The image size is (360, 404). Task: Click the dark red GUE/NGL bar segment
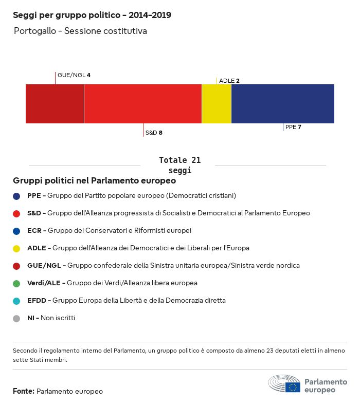point(55,104)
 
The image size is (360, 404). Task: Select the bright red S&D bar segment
point(142,104)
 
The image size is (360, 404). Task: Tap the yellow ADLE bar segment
point(217,104)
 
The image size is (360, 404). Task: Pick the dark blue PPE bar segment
point(283,104)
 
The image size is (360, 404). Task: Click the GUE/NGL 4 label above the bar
point(74,75)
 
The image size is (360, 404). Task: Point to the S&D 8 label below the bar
point(154,133)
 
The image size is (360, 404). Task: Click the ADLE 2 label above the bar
point(229,81)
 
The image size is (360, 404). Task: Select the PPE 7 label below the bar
point(293,127)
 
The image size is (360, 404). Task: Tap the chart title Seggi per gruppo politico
point(92,15)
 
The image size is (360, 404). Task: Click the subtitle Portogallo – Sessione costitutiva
point(80,31)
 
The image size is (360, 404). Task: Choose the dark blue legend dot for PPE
point(17,196)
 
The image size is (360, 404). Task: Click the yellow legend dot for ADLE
point(17,248)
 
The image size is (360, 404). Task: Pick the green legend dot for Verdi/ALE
point(17,283)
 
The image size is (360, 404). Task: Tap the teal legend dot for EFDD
point(17,301)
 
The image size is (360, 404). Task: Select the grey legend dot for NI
point(17,318)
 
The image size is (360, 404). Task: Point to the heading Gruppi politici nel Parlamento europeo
point(95,181)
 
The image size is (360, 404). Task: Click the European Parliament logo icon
point(284,384)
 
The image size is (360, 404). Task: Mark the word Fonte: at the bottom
point(24,392)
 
